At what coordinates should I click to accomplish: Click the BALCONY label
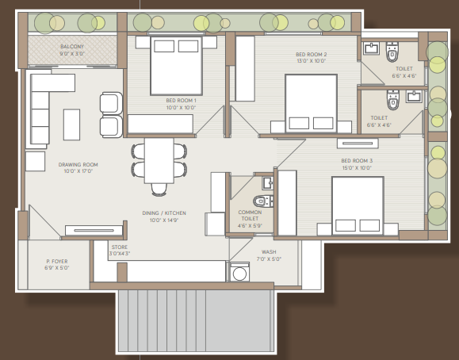pos(72,47)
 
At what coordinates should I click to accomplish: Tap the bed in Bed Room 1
pos(176,66)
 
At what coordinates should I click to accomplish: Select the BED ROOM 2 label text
pos(312,55)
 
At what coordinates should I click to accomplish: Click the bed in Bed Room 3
pos(358,205)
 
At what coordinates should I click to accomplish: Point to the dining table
pos(159,160)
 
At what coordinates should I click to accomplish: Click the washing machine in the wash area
pos(239,272)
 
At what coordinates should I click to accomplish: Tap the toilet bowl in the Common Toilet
pos(262,201)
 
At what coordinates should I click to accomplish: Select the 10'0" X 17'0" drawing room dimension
pos(78,171)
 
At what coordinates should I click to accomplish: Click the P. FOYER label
pos(57,262)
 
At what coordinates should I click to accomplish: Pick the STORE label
pos(120,247)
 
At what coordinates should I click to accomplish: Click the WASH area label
pos(269,252)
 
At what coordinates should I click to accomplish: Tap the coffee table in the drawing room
pos(71,124)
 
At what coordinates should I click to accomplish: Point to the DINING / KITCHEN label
pos(164,213)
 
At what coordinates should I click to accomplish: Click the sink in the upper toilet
pos(371,48)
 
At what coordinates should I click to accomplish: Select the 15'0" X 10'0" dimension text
pos(357,168)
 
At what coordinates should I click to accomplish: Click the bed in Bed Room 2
pos(312,103)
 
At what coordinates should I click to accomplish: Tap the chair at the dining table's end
pos(159,190)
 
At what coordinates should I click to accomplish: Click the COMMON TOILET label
pos(250,216)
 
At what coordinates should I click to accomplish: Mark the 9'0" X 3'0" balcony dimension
pos(72,54)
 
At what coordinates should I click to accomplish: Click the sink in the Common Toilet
pos(268,183)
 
